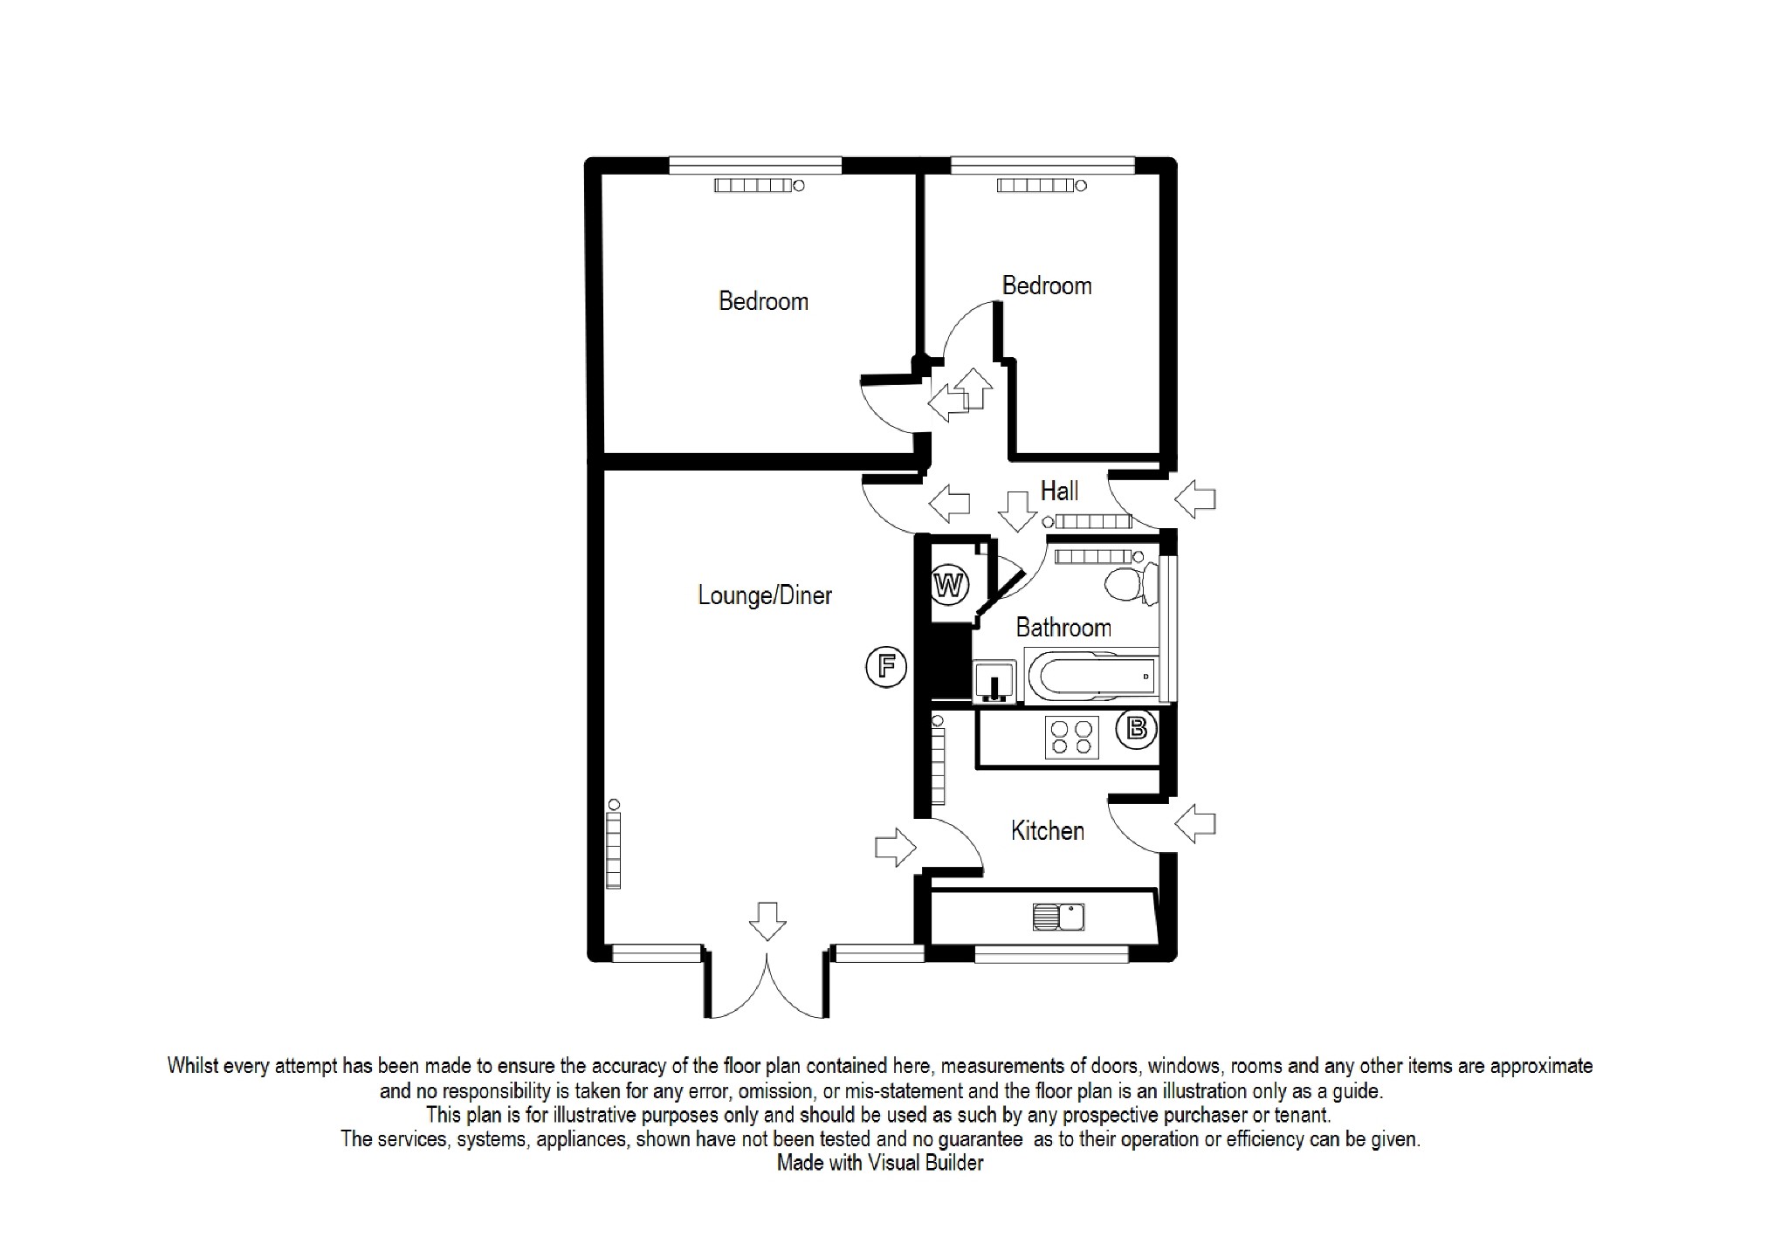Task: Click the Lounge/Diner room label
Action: [764, 595]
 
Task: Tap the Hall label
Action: [1059, 491]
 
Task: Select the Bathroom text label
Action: [1063, 628]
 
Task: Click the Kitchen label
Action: [1047, 830]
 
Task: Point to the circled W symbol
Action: [949, 585]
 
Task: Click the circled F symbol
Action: [886, 668]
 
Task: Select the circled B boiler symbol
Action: [1137, 728]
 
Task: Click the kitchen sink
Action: [1058, 917]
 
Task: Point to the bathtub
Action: [1091, 676]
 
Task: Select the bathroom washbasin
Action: [994, 681]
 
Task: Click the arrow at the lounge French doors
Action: [767, 921]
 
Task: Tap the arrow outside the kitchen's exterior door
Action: [1195, 823]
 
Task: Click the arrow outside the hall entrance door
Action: [1195, 500]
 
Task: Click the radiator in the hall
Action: [1090, 522]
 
